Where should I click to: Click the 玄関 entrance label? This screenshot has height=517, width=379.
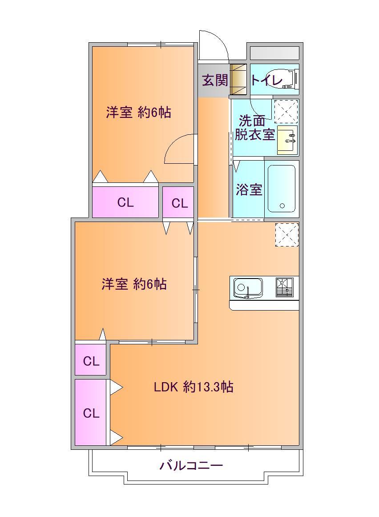pos(215,81)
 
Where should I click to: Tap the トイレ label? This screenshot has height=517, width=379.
pos(266,81)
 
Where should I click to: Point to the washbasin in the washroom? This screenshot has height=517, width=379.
pos(287,140)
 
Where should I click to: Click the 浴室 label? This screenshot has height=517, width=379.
pos(248,190)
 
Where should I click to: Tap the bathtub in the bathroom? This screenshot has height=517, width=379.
pos(282,189)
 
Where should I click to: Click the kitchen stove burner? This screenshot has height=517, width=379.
pos(285,287)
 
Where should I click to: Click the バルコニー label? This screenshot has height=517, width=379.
pos(191,466)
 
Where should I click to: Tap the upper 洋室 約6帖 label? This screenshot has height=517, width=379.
pos(138,113)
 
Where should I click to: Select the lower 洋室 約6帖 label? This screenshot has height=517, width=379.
pos(134,284)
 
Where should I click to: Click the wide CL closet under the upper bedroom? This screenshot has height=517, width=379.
pos(125,203)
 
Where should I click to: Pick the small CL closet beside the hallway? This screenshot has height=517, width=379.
pos(180,203)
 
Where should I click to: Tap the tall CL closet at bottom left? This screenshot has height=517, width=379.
pos(91,413)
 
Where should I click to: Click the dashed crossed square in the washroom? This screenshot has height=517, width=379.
pos(286,111)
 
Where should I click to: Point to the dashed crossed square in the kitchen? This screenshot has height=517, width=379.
pos(286,234)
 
